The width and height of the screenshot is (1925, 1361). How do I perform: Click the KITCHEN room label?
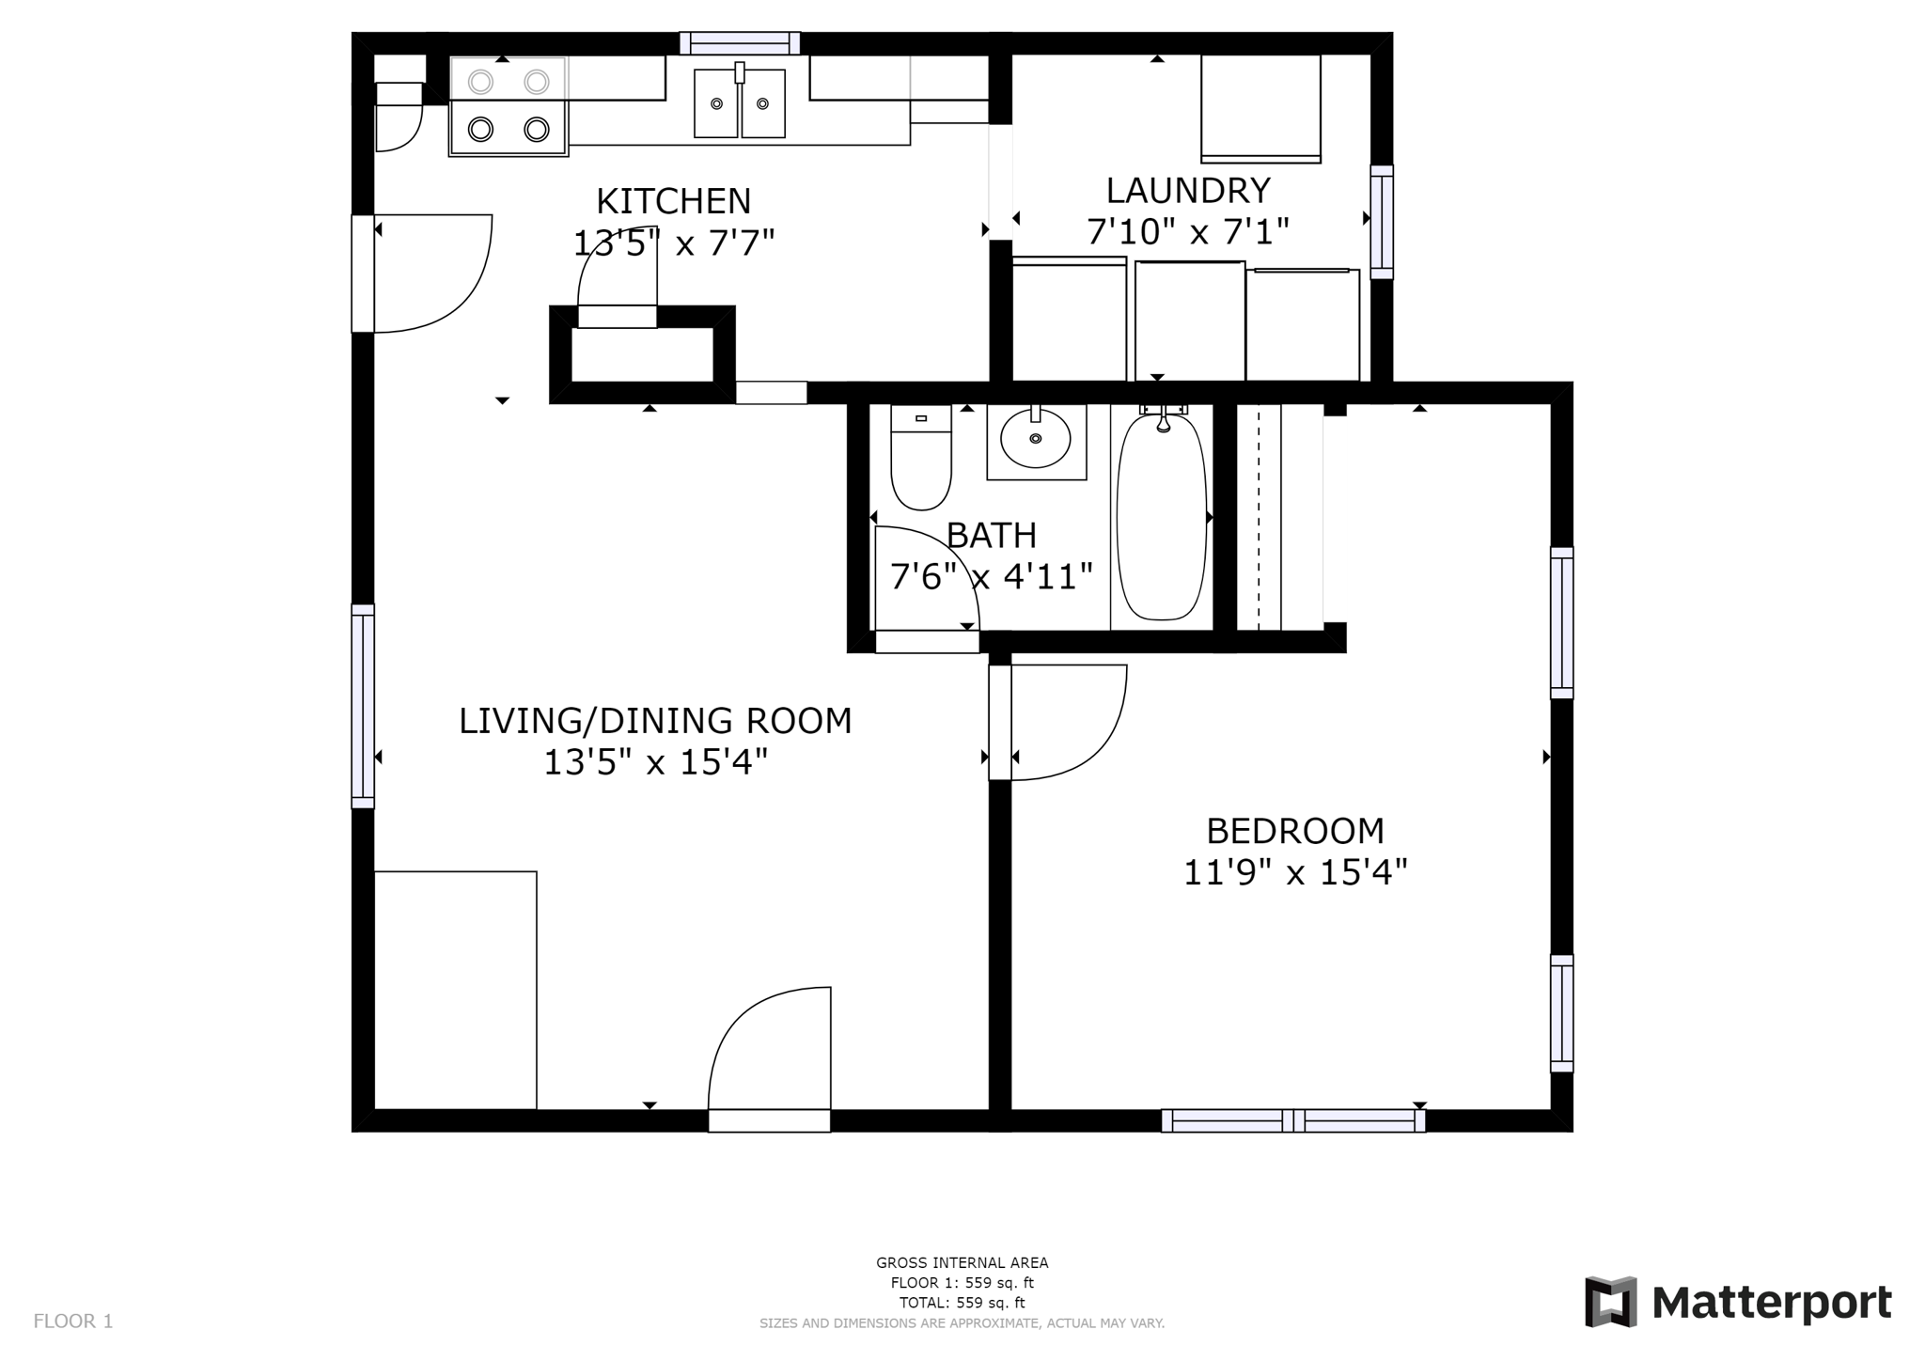click(x=673, y=201)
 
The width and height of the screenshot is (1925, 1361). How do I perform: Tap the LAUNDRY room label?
click(x=1188, y=191)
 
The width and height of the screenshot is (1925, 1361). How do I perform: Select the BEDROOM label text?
click(x=1295, y=831)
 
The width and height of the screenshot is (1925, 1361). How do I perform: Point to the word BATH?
click(x=992, y=535)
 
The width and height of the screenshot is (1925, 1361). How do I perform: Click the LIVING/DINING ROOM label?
click(x=655, y=721)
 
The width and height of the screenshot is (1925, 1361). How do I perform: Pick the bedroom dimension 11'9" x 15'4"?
click(x=1295, y=873)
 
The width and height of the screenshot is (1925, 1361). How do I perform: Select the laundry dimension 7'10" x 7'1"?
click(x=1188, y=231)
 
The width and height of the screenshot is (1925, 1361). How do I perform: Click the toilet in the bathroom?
click(x=921, y=458)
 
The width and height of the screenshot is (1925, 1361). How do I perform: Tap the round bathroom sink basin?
click(x=1035, y=438)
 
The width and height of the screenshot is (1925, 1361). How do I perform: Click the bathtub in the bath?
click(x=1162, y=517)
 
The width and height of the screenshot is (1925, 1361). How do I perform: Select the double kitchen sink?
click(x=740, y=103)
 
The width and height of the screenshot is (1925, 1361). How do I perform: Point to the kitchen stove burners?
click(x=509, y=105)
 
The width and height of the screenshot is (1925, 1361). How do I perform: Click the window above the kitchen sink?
click(x=740, y=43)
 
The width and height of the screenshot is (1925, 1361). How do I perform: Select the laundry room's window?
click(x=1381, y=222)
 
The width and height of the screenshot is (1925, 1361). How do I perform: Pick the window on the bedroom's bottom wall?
click(x=1293, y=1120)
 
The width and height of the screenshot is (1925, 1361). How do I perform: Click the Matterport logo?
click(x=1739, y=1303)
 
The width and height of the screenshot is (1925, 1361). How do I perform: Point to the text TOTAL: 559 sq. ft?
click(x=962, y=1303)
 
